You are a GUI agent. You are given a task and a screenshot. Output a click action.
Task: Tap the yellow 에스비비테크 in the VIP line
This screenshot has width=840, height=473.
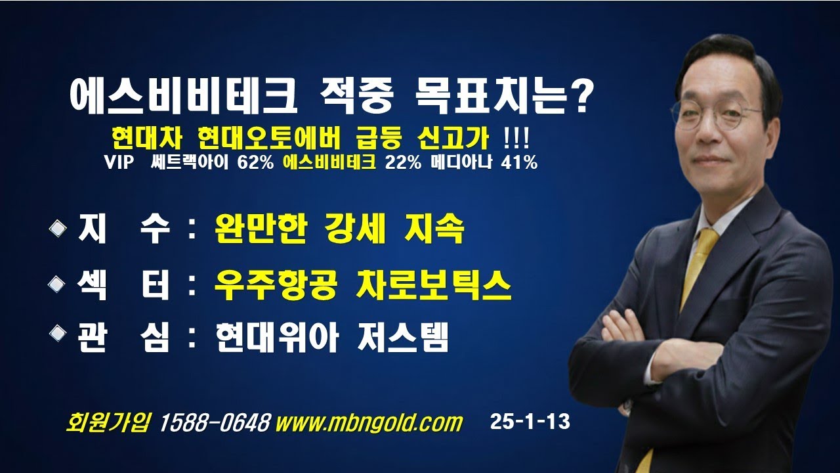329,162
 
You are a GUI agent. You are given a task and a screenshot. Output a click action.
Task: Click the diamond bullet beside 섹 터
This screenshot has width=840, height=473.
58,284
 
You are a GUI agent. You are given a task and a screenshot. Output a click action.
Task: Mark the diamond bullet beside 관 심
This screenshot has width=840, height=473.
58,333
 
